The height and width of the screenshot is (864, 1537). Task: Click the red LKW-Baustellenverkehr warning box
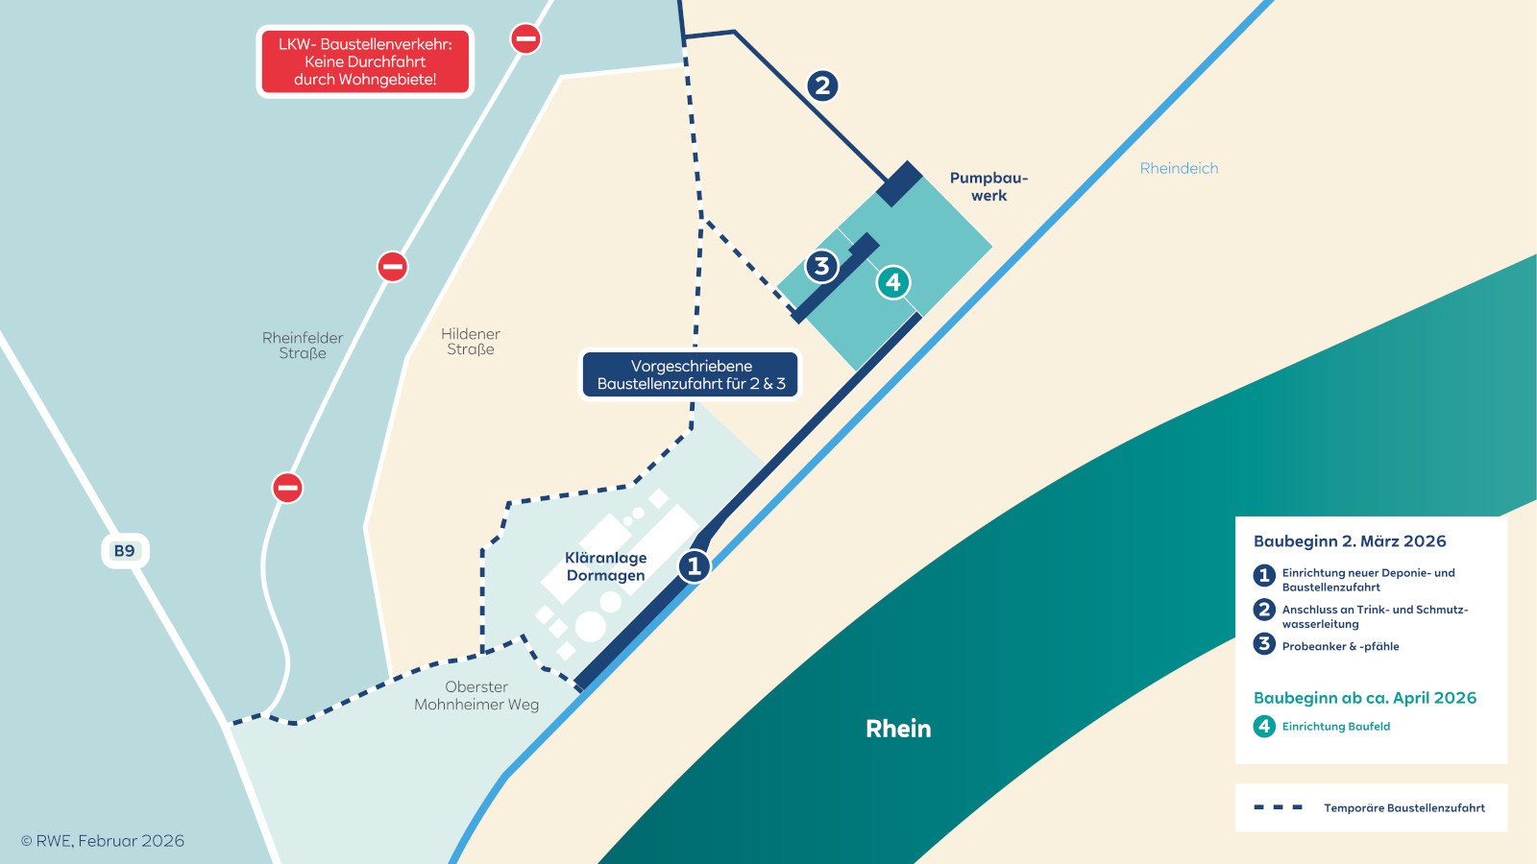point(365,61)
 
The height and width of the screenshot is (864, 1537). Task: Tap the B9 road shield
point(125,551)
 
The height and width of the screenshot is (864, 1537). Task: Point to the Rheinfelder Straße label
point(303,346)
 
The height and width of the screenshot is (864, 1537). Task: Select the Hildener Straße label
point(471,342)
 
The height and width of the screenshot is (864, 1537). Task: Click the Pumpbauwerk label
point(988,186)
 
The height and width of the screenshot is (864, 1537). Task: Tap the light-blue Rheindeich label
point(1179,168)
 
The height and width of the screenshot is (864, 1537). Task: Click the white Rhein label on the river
point(898,729)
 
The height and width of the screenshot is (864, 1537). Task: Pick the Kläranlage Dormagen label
point(606,566)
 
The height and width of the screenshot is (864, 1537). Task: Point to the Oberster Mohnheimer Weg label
point(476,696)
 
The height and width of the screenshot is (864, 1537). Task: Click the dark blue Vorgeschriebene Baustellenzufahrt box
point(691,374)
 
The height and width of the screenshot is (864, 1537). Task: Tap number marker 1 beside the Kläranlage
point(694,566)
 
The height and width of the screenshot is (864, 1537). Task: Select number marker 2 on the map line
point(821,85)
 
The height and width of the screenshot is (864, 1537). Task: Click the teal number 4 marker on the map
point(893,282)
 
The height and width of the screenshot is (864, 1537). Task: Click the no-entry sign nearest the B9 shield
point(287,488)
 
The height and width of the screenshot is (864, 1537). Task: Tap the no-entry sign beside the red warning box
point(525,38)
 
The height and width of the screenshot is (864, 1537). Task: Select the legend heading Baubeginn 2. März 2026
point(1350,541)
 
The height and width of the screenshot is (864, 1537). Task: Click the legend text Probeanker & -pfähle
point(1340,646)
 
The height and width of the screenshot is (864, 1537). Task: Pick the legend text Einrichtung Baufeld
point(1336,727)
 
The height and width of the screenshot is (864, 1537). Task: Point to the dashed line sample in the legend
point(1278,807)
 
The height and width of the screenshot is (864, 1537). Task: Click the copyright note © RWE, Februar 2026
point(103,841)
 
